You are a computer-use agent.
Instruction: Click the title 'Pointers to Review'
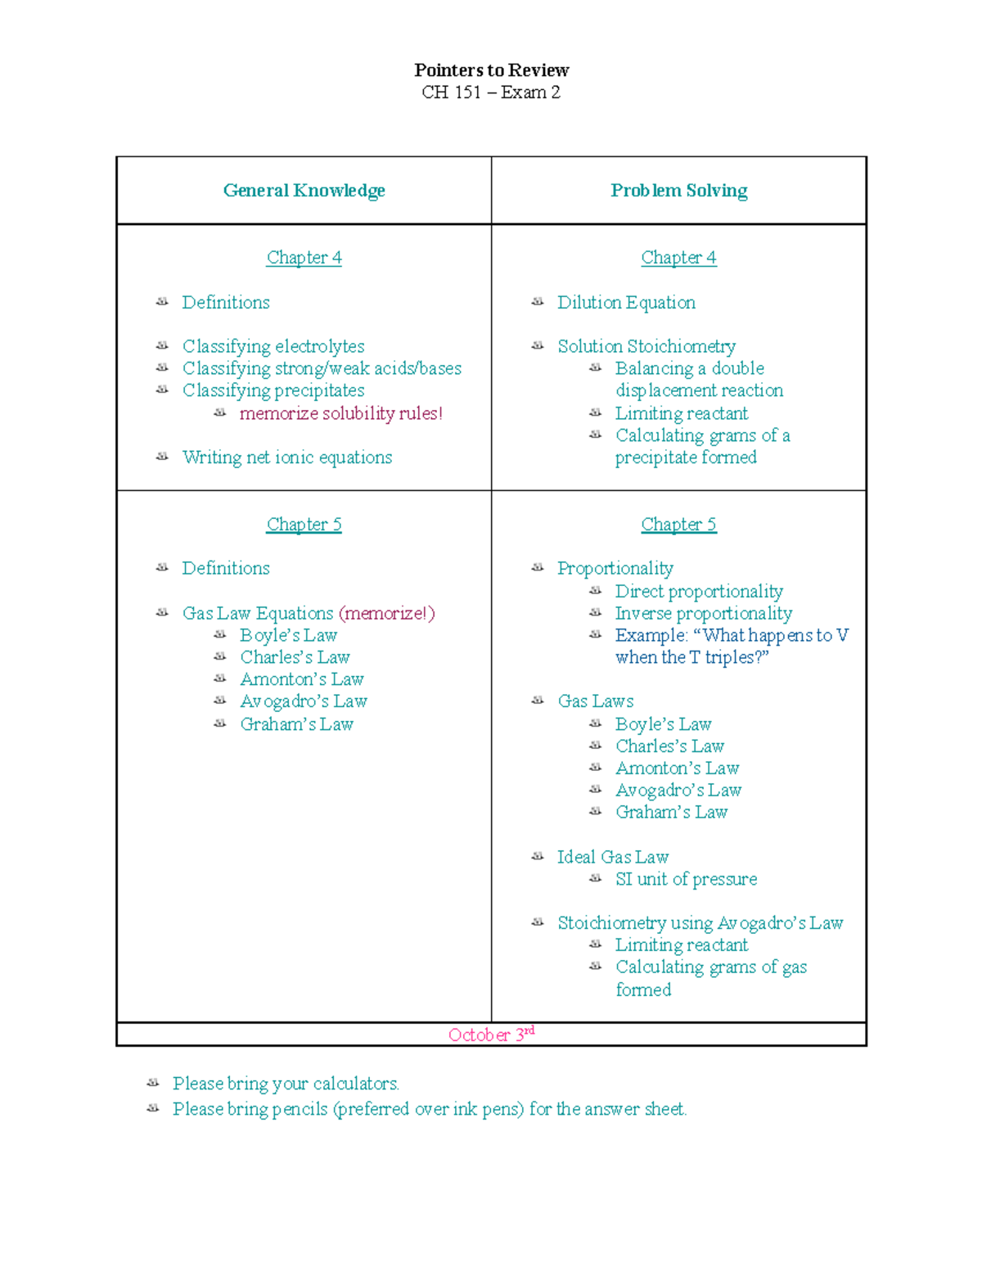pos(491,70)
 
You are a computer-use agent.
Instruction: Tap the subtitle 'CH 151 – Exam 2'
pos(491,92)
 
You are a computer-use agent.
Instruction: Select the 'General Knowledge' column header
pos(304,191)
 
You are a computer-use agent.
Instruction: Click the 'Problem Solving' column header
pos(678,191)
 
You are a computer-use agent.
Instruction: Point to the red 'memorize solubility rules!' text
pos(340,413)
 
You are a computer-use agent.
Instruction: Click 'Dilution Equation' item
pos(626,303)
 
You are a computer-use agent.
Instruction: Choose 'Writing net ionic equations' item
pos(287,457)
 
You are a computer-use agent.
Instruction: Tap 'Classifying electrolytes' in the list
pos(273,346)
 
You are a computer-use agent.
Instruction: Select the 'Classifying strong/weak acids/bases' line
pos(322,368)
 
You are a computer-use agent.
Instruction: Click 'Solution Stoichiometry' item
pos(646,346)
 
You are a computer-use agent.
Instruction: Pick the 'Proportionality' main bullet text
pos(615,568)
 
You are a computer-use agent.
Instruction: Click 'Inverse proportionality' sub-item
pos(704,613)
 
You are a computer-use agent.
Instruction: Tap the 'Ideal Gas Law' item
pos(613,857)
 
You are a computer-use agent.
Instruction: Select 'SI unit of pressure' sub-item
pos(686,879)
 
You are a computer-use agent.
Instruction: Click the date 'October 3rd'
pos(491,1034)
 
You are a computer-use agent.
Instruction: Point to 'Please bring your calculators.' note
pos(286,1084)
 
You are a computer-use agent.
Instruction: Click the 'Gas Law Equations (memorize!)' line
pos(309,613)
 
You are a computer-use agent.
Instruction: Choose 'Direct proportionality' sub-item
pos(699,591)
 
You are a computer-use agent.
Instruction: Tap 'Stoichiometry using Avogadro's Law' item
pos(700,923)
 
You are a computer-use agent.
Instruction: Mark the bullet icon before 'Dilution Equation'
pos(538,302)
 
